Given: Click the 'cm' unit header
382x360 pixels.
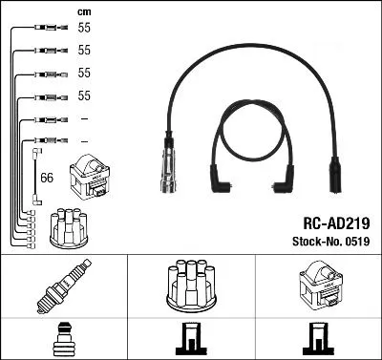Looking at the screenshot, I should click(x=83, y=11).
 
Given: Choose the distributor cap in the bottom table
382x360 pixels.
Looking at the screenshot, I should click(x=190, y=286).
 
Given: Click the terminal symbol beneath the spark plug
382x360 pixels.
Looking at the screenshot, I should click(x=61, y=339).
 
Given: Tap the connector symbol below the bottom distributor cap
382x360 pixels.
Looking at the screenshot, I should click(x=190, y=340).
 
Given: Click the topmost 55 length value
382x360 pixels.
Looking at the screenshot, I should click(x=84, y=30).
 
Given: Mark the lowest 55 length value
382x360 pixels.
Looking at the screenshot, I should click(x=84, y=96).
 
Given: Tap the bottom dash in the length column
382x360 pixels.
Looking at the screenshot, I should click(x=84, y=140).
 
